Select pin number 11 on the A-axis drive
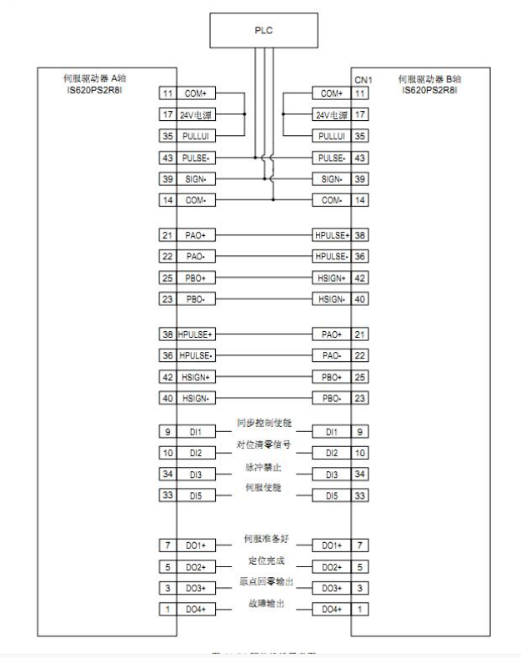tap(165, 93)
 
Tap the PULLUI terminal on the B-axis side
tap(328, 134)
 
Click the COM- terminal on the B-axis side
tap(328, 199)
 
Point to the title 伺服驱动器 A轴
tap(83, 78)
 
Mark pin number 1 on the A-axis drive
tap(165, 609)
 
